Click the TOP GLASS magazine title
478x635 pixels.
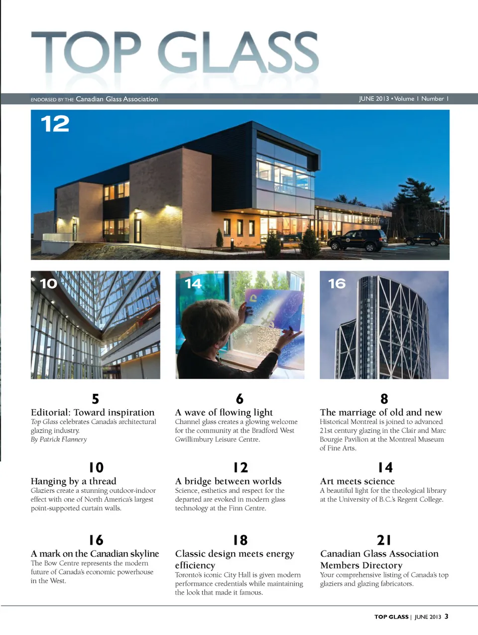click(174, 52)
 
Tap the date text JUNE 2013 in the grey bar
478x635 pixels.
click(373, 99)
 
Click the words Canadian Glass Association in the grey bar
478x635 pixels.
click(117, 99)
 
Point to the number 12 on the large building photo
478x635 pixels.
click(55, 124)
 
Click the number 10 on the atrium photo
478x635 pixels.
click(48, 283)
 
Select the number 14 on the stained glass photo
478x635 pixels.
click(193, 283)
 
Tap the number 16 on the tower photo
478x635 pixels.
click(337, 283)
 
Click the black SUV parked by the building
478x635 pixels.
click(358, 240)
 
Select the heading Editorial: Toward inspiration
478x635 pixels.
click(93, 412)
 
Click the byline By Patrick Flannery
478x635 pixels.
click(59, 440)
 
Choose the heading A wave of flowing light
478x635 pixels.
click(224, 412)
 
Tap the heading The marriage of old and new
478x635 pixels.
click(381, 412)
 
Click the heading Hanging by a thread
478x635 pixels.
click(73, 481)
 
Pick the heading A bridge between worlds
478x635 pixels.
click(228, 481)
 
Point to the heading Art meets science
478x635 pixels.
click(357, 481)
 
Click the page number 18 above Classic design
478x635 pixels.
click(240, 540)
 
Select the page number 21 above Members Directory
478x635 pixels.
click(384, 540)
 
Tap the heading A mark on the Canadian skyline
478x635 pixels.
click(95, 553)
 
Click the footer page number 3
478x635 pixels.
click(446, 616)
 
